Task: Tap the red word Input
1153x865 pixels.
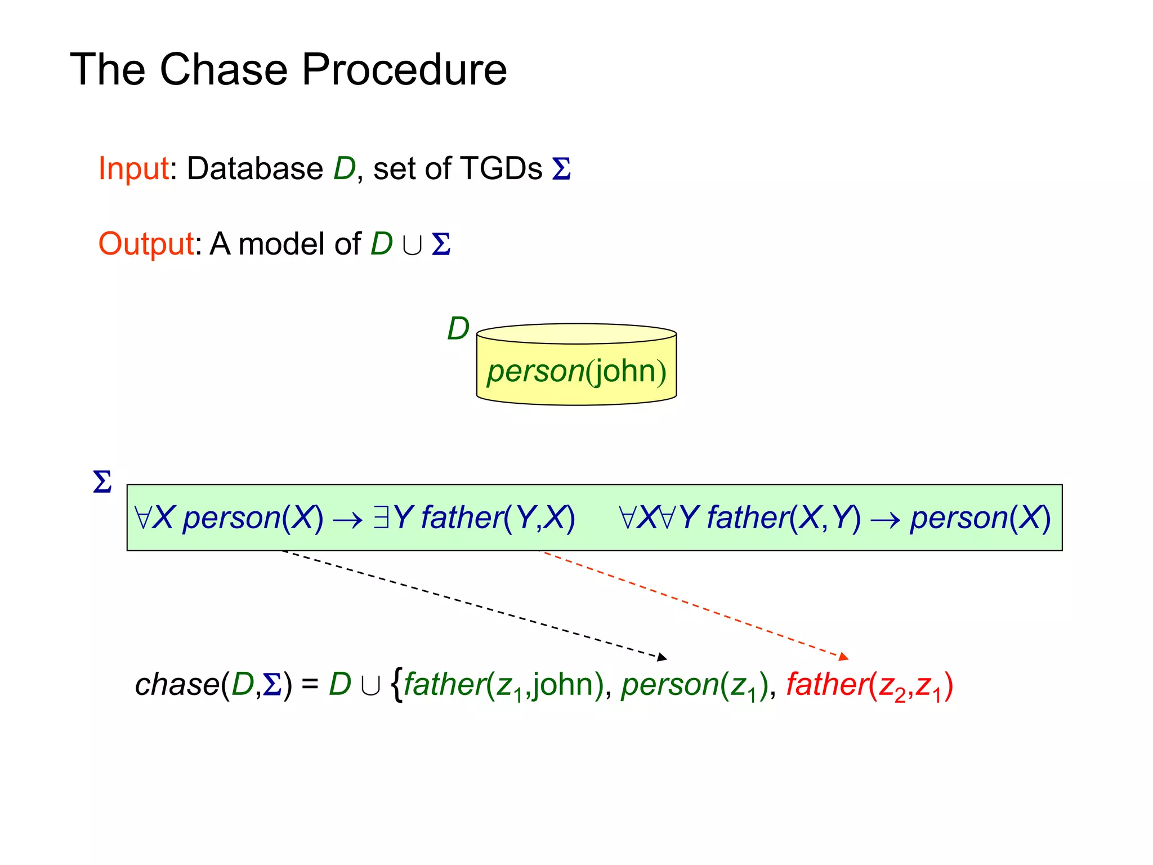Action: (133, 169)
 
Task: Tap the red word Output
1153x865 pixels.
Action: (146, 244)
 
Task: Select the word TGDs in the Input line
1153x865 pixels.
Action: (500, 168)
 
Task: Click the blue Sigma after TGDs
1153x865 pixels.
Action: (561, 169)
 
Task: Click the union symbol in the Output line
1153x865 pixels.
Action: (412, 246)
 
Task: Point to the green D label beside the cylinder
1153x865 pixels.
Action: (458, 329)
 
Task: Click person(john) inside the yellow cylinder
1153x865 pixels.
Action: (576, 372)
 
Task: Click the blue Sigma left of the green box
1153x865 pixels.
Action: (102, 483)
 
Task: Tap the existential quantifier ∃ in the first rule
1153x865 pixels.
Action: (381, 517)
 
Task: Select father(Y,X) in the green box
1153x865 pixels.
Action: (498, 518)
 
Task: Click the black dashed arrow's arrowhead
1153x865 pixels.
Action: (663, 657)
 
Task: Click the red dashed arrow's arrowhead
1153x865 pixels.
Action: (844, 657)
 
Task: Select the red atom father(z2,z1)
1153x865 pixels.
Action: (869, 686)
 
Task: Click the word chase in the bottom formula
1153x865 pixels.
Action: (177, 685)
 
